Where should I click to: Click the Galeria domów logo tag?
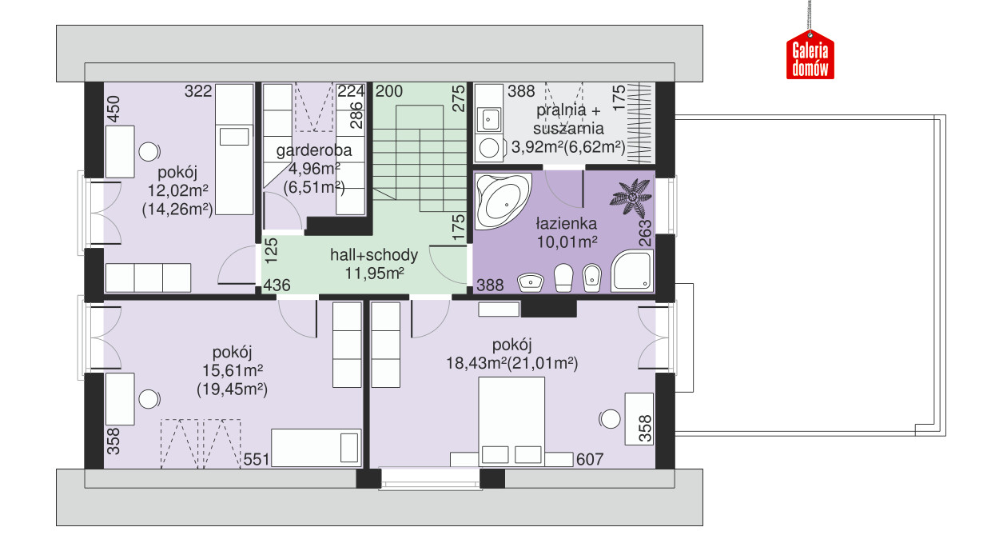pos(810,54)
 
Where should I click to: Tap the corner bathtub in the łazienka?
pos(503,201)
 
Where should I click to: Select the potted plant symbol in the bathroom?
pos(631,197)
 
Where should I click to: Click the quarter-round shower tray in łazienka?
pos(632,270)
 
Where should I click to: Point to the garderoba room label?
pos(314,150)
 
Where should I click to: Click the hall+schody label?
pos(374,255)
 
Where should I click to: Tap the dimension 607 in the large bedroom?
pos(590,459)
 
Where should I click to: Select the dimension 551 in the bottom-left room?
pos(256,459)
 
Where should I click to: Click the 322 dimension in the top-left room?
pos(198,91)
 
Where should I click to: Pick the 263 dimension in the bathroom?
pos(645,233)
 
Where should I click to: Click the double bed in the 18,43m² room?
pos(511,421)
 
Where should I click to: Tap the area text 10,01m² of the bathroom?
pos(567,242)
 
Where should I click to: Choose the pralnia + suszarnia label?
pos(568,119)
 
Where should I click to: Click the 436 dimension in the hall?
pos(277,285)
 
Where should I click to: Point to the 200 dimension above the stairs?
pos(388,91)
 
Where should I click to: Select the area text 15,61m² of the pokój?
pos(233,371)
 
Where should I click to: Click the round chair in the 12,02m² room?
pos(149,152)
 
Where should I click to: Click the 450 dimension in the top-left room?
pos(113,109)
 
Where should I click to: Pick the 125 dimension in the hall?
pos(272,250)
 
